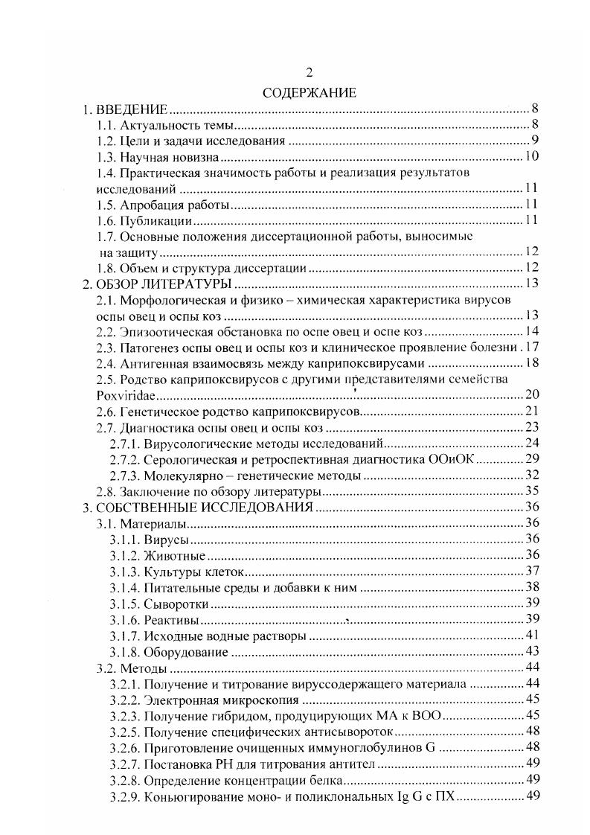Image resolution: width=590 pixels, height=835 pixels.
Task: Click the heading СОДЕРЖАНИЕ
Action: (x=310, y=93)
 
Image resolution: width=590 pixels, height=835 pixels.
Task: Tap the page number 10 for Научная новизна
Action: (x=531, y=157)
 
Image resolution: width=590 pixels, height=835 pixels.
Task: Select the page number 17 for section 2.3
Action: (x=532, y=347)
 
